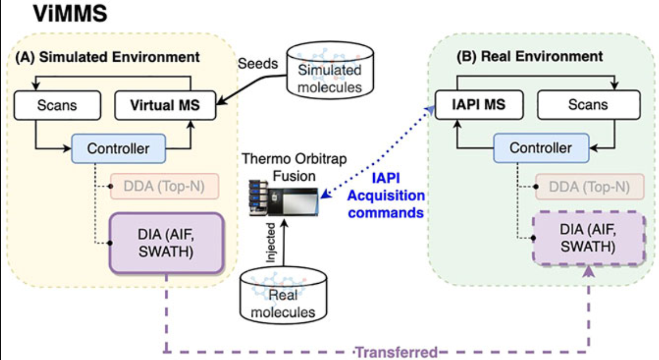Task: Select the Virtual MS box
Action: point(165,105)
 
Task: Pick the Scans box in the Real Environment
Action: point(588,105)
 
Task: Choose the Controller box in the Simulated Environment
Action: point(118,149)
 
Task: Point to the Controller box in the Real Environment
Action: point(541,147)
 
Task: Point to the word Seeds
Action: point(258,63)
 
